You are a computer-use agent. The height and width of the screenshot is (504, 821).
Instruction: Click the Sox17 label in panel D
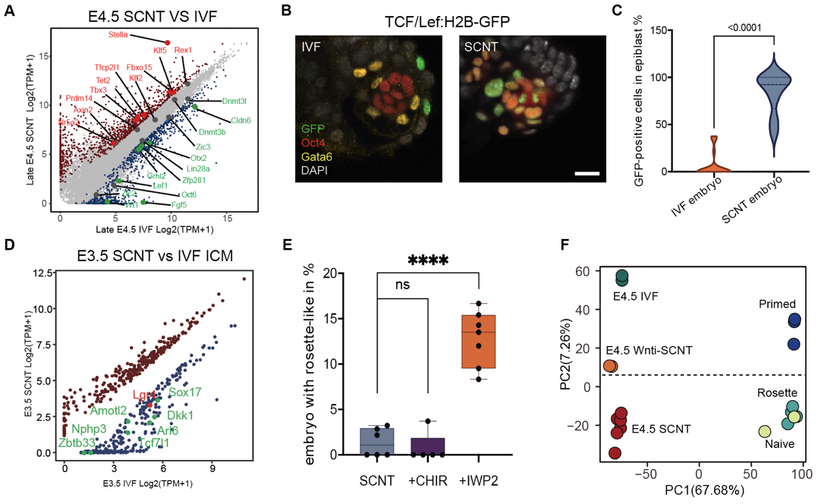tap(185, 392)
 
